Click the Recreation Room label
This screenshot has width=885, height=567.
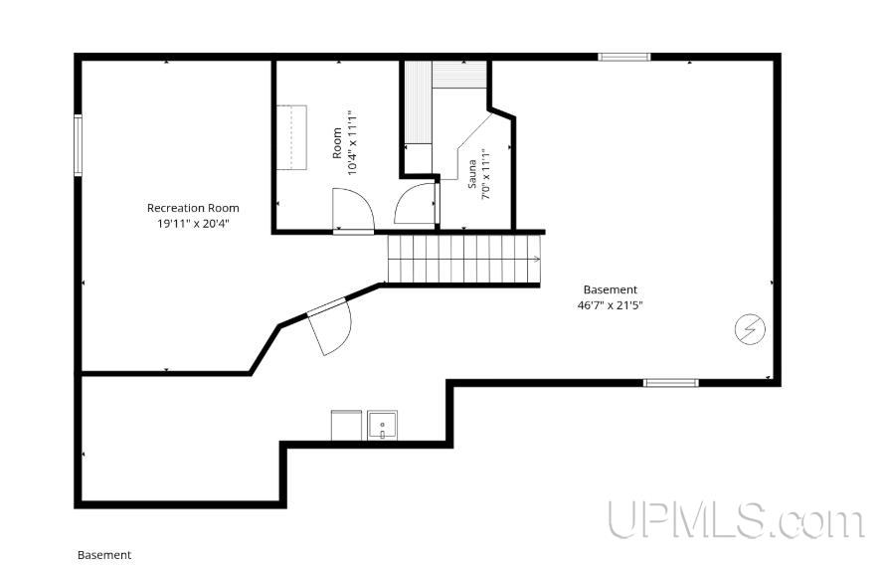tap(193, 208)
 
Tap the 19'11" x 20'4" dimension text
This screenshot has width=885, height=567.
tap(193, 224)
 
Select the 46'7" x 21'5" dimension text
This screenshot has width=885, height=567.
tap(611, 305)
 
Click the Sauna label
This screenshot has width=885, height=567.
tap(472, 173)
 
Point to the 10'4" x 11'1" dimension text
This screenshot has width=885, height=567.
tap(353, 142)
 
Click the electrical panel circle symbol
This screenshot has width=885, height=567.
tap(750, 328)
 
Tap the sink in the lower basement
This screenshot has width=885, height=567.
tap(382, 426)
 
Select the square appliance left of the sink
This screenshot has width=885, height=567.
tap(346, 426)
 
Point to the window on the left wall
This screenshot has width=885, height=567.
tap(78, 145)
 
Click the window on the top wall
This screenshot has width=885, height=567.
tap(624, 57)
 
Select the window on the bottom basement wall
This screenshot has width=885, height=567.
tap(671, 383)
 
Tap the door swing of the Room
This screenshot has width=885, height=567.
tap(353, 210)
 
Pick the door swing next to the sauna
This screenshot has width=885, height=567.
tap(416, 203)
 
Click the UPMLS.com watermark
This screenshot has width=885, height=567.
tap(736, 520)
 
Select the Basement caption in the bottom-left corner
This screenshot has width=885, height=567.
tap(104, 555)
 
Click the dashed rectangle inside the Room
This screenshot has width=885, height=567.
tap(291, 137)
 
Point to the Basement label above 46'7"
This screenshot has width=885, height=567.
tap(611, 289)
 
